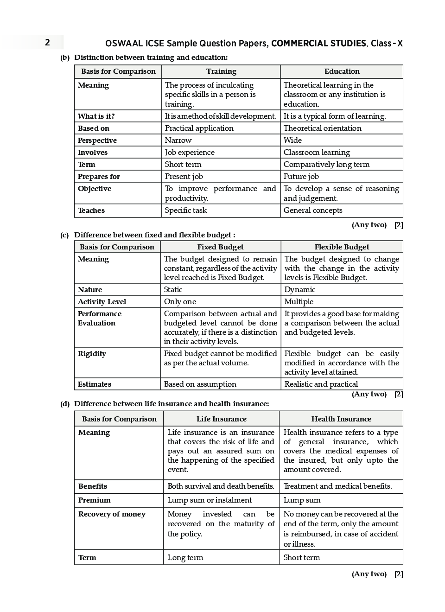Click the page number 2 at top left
(47, 43)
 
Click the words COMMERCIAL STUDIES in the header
(318, 44)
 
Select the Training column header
(221, 71)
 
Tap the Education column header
(342, 71)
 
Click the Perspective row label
(97, 140)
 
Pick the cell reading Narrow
(178, 140)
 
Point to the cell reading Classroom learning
(317, 153)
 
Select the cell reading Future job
(301, 177)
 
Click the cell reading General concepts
(313, 210)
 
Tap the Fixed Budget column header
(220, 247)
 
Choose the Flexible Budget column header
(342, 247)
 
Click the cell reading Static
(173, 290)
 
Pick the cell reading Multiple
(299, 302)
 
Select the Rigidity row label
(92, 354)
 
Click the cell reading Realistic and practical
(321, 384)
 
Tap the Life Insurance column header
(221, 419)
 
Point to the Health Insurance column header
(341, 419)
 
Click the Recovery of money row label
(112, 514)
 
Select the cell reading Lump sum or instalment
(210, 500)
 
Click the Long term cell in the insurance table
(185, 558)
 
